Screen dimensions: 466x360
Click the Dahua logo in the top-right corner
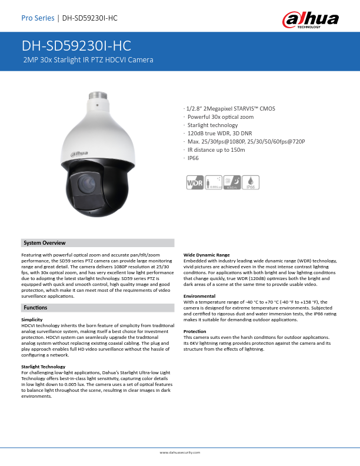tap(311, 19)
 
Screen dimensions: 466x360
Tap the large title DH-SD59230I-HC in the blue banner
tap(76, 46)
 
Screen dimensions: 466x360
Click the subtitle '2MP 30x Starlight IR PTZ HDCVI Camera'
tap(88, 60)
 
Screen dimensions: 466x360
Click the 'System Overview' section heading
tap(44, 243)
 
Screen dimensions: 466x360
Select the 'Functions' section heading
tap(35, 308)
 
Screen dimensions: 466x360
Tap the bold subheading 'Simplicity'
tap(32, 319)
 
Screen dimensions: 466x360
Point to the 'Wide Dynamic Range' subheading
tap(206, 255)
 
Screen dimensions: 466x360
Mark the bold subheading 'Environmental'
tap(199, 295)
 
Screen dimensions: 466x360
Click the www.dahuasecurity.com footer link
tap(180, 452)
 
